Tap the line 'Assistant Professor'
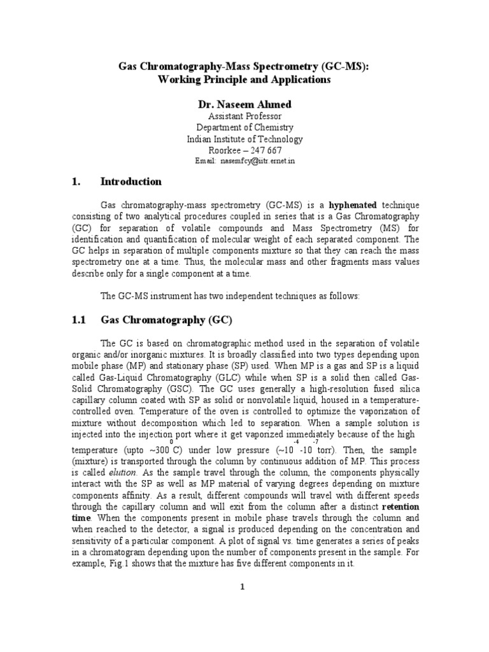point(244,116)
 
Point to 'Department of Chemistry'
point(244,127)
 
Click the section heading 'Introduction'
point(131,181)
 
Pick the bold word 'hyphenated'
point(353,205)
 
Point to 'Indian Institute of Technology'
point(244,139)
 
